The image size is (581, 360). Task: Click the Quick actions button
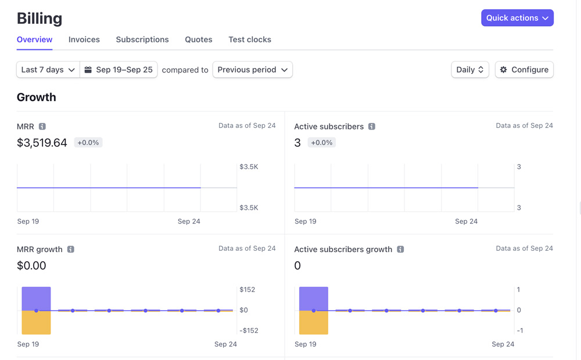(517, 18)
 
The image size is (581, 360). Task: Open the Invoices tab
(84, 39)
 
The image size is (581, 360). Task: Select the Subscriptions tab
(142, 39)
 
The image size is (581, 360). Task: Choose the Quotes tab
(199, 39)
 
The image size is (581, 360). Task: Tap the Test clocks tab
(250, 39)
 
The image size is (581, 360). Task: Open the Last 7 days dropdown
(48, 70)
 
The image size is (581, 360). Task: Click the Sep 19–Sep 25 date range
(119, 70)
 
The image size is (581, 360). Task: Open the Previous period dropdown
(252, 70)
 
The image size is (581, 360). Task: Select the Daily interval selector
(469, 70)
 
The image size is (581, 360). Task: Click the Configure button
(524, 70)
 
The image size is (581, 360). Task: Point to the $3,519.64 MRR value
(42, 143)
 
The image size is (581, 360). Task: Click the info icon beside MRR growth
(71, 249)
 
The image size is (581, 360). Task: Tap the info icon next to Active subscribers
(372, 127)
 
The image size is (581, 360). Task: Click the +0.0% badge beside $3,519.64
(88, 143)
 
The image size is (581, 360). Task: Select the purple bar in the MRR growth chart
(36, 298)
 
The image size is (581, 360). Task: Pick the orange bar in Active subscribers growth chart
(314, 323)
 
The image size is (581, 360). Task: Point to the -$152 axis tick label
(249, 331)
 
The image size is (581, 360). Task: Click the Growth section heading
(37, 97)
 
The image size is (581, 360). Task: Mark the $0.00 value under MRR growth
(31, 266)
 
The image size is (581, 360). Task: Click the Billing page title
(40, 19)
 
